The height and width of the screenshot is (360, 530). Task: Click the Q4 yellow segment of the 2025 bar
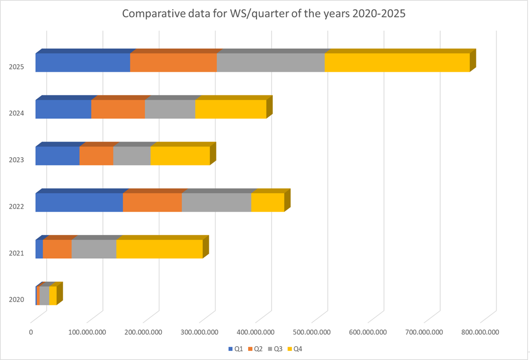coord(397,62)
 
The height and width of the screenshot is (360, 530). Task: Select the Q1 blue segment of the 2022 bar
coord(79,202)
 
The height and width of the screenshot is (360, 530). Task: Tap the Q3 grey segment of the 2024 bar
coord(170,109)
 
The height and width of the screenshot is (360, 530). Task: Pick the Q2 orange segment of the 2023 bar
coord(96,156)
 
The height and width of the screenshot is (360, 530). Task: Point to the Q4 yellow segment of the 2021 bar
coord(159,249)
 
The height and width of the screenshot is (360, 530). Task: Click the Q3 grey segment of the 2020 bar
coord(44,296)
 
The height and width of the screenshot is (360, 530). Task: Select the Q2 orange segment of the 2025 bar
coord(173,62)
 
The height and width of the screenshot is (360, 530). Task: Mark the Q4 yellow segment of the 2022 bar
coord(267,202)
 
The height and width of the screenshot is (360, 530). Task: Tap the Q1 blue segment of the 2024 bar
coord(63,109)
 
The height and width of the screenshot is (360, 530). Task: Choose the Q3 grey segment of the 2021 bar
coord(94,249)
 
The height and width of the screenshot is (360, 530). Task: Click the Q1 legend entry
coord(235,349)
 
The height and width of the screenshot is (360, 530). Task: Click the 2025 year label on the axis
coord(17,67)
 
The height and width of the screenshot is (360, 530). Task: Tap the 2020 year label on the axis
coord(17,300)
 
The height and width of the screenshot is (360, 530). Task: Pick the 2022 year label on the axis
coord(17,207)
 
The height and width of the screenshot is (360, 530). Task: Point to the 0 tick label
coord(31,332)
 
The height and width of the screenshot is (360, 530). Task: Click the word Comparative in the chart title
coord(154,14)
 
